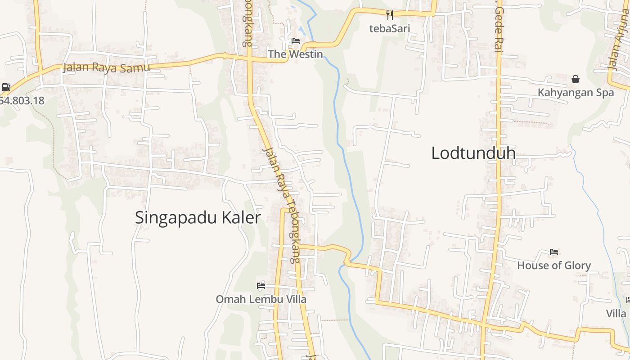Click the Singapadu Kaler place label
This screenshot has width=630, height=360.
(x=198, y=218)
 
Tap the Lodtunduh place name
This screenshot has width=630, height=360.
(x=473, y=153)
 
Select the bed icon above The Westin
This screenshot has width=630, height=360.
(x=296, y=41)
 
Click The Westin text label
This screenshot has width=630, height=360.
(x=296, y=54)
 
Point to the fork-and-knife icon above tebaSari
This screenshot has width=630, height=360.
(x=390, y=15)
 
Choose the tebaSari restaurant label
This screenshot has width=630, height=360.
(x=390, y=28)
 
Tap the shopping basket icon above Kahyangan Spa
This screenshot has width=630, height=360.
(x=576, y=80)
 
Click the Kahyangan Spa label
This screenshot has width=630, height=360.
(x=576, y=93)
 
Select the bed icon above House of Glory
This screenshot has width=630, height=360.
(x=554, y=252)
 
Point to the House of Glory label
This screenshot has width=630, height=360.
(x=554, y=265)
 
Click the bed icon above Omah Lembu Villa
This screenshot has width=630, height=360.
(x=261, y=285)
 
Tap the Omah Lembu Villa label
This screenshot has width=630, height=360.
(x=261, y=299)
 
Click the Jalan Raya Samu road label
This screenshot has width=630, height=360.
(x=106, y=67)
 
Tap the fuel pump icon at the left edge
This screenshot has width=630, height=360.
(x=6, y=87)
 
